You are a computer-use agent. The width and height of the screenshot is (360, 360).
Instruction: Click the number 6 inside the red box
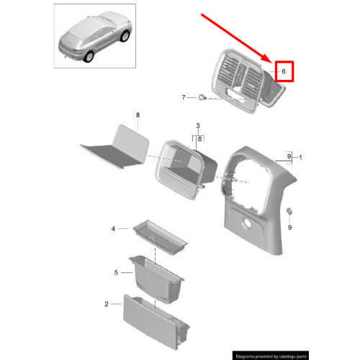(x=284, y=72)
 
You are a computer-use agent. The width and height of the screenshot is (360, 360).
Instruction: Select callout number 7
(x=183, y=97)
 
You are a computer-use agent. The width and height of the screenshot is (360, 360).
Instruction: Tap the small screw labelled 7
(x=204, y=97)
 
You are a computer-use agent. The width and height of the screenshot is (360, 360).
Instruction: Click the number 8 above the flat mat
(x=138, y=115)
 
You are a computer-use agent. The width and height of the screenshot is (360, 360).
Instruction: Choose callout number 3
(x=197, y=126)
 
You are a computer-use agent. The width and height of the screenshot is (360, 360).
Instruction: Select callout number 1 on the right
(x=302, y=157)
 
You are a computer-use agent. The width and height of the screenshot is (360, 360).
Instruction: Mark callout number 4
(x=113, y=229)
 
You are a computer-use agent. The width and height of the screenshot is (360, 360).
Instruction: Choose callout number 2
(x=106, y=305)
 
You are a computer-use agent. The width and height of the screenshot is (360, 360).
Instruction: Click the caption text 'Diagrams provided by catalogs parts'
(x=292, y=355)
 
